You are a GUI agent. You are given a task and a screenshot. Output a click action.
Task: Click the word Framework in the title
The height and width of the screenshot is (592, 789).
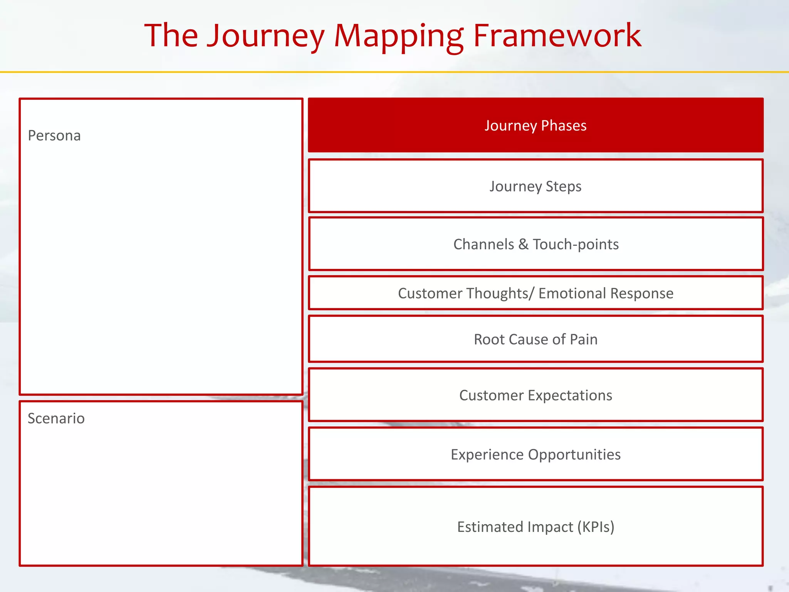pyautogui.click(x=557, y=35)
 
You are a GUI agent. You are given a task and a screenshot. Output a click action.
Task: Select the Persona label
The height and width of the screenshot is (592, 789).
pyautogui.click(x=54, y=136)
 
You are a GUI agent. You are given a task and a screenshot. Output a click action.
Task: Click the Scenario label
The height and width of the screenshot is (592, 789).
pyautogui.click(x=56, y=419)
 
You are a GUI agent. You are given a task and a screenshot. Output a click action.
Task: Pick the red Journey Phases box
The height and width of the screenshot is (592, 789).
pyautogui.click(x=536, y=125)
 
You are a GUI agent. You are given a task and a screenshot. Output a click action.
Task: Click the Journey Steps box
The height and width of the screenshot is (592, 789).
pyautogui.click(x=536, y=186)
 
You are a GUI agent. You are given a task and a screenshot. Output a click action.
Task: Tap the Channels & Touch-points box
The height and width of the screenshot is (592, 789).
pyautogui.click(x=536, y=244)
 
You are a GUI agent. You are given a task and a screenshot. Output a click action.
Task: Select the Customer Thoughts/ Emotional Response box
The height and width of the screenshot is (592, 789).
pyautogui.click(x=536, y=293)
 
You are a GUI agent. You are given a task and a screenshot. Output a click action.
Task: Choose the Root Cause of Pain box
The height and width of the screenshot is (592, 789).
pyautogui.click(x=536, y=339)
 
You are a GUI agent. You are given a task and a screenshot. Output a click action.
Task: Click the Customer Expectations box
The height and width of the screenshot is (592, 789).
pyautogui.click(x=536, y=395)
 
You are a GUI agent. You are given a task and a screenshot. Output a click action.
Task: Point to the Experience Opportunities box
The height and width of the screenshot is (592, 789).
pyautogui.click(x=536, y=454)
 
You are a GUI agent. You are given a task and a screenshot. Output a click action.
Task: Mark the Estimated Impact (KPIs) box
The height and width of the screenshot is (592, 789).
pyautogui.click(x=536, y=527)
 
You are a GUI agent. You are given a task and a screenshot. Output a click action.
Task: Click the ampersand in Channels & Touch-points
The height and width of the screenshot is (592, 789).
pyautogui.click(x=523, y=244)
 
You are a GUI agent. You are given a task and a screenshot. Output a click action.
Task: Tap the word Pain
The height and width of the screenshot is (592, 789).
pyautogui.click(x=584, y=339)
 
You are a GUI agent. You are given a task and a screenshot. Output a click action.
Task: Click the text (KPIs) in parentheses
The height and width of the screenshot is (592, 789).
pyautogui.click(x=596, y=527)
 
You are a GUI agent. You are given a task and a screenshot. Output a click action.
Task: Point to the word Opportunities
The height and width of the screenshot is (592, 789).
pyautogui.click(x=574, y=455)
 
